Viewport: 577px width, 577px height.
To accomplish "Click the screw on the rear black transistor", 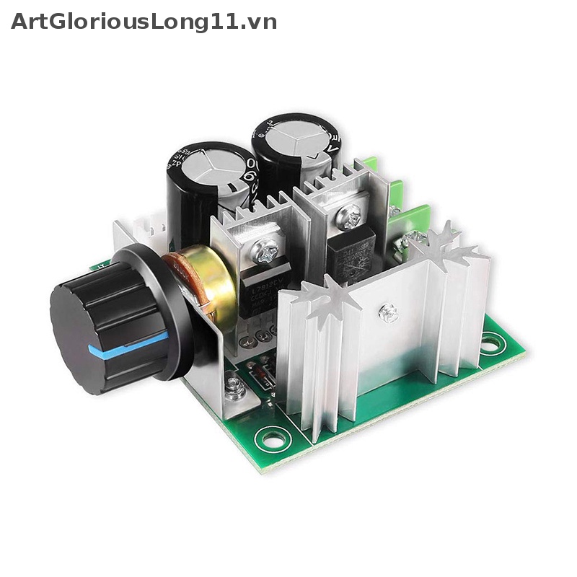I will point(351,214).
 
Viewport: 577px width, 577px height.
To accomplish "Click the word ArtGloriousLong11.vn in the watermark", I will point(144,22).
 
